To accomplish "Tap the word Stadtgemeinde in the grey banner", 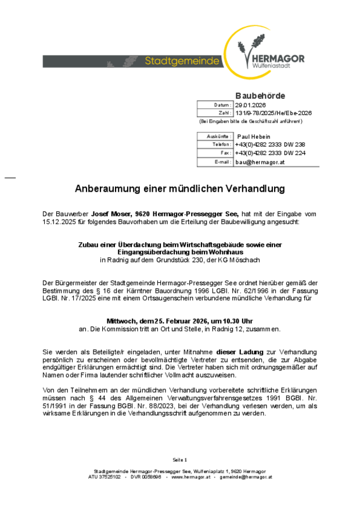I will (182, 61).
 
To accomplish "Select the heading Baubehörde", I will (260, 95).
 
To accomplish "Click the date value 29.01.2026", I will (250, 105).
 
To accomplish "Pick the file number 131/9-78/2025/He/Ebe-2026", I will (273, 113).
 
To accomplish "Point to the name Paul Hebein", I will (254, 137).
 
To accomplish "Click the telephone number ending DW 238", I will (270, 145).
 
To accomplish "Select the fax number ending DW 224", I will (270, 153).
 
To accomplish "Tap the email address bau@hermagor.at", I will (260, 162).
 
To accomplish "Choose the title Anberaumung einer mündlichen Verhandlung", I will (179, 189).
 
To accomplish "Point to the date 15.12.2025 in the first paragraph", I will (60, 222).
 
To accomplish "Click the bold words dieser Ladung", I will (240, 352).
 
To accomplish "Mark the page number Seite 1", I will (179, 459).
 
